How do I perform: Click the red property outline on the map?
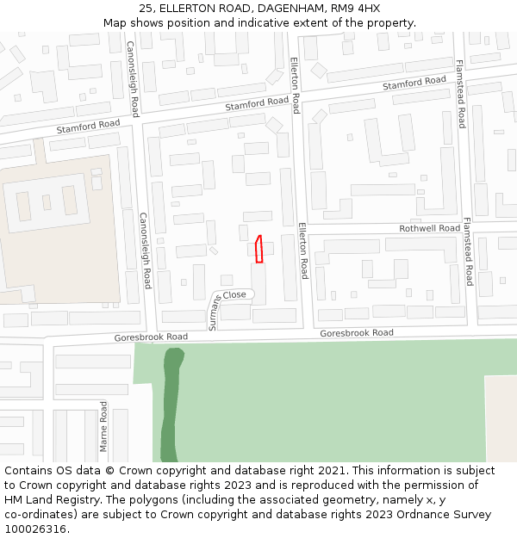258,249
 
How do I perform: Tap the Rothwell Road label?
430,228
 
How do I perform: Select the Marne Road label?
104,425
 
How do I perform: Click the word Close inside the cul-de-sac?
234,294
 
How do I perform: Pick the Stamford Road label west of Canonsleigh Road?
88,126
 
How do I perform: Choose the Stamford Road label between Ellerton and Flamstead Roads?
414,83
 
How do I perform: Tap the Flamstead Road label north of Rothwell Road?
460,94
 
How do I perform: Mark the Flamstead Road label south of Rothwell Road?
468,251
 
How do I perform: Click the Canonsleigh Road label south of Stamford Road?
146,250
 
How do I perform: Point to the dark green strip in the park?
170,405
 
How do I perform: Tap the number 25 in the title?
146,8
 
